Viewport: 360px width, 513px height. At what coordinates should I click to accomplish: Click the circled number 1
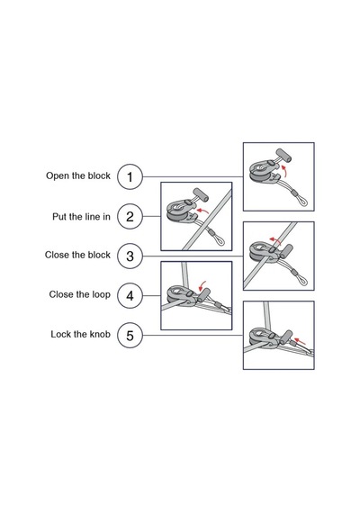130,177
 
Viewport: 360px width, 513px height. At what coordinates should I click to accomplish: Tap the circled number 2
130,217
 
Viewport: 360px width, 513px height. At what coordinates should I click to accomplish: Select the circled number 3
130,256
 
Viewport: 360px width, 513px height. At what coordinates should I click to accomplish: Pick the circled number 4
130,296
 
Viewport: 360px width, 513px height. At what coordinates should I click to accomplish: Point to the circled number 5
130,336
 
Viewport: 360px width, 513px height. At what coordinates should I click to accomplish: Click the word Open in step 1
58,176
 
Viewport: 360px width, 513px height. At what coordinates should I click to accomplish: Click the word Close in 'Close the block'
57,255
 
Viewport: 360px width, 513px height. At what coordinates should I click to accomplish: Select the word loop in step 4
101,295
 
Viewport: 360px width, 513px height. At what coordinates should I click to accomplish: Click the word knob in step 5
100,334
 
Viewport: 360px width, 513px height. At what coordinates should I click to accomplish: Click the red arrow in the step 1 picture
285,170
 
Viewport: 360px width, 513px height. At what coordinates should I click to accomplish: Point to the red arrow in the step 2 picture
202,210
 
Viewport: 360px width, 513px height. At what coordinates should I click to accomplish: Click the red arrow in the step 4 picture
202,285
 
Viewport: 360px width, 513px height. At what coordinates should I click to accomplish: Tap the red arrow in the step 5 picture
300,341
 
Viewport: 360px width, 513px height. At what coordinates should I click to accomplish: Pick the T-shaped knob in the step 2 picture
199,195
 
